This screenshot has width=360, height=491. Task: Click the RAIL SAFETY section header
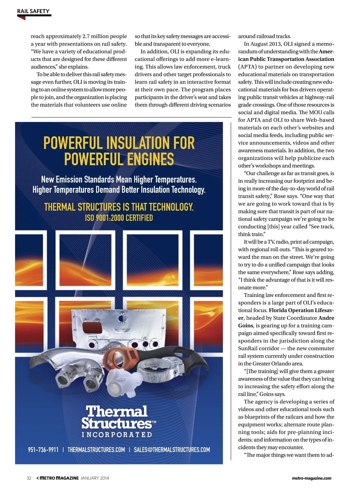pos(33,11)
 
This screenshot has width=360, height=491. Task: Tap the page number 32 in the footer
pos(29,478)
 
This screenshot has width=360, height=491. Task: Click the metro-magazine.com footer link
pos(311,478)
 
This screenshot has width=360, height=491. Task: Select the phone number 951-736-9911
pos(43,450)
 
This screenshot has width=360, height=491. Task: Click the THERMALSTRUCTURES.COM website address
pos(96,450)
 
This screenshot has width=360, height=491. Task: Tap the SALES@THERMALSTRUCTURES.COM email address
pos(172,450)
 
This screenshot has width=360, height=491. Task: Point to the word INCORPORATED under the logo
pos(117,435)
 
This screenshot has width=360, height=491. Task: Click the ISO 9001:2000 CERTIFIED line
pos(119,218)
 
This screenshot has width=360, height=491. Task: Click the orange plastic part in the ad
pos(120,358)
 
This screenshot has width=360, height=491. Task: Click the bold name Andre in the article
pos(326,318)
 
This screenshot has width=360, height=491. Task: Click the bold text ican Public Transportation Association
pos(286,59)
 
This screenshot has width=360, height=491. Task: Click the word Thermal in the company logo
pos(117,411)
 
